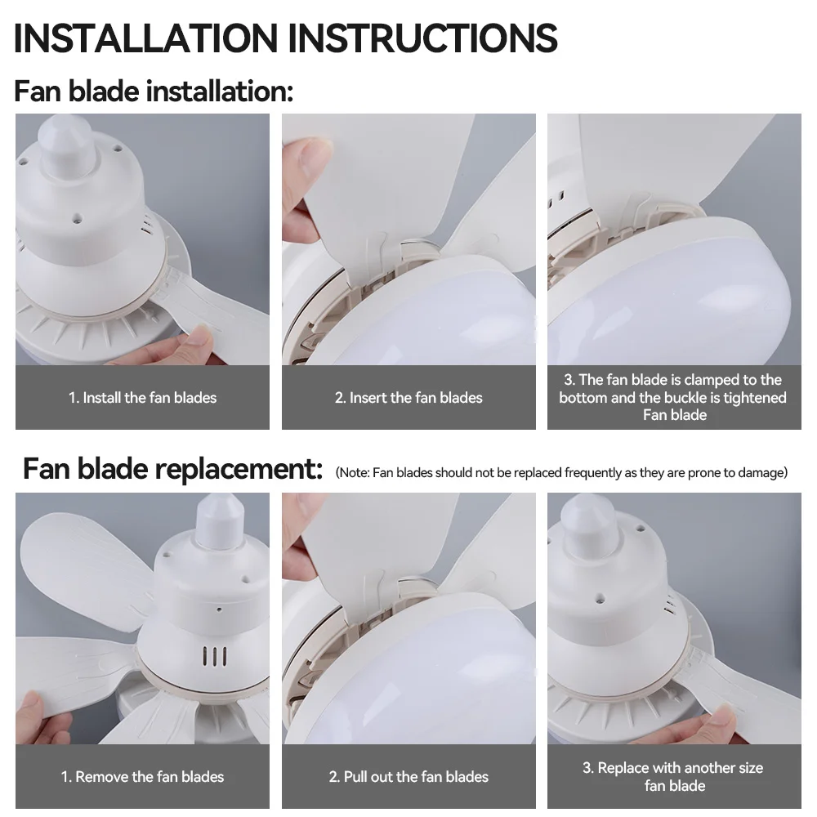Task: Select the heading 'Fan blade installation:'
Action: point(154,92)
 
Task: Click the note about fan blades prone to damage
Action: point(561,473)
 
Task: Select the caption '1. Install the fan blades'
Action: point(142,398)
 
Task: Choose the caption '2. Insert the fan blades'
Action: point(408,398)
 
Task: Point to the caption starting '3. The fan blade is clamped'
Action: point(674,397)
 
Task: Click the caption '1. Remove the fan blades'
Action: point(142,776)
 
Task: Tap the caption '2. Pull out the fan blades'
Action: point(408,776)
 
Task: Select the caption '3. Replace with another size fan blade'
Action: point(674,776)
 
